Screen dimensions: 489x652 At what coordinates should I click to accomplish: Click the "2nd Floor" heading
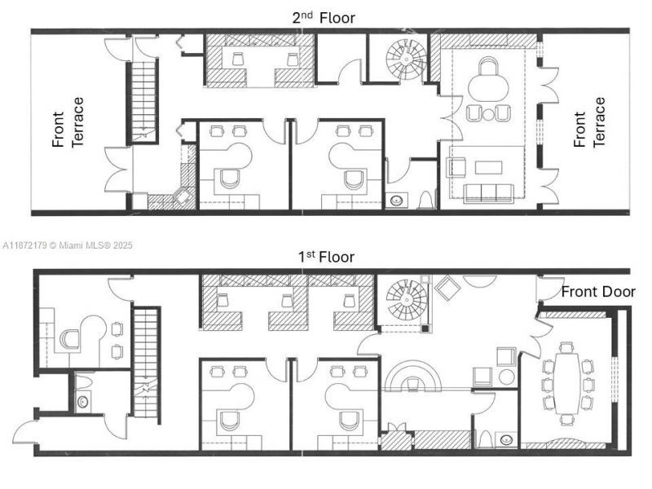[x=324, y=17]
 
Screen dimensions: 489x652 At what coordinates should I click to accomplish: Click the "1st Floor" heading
[x=325, y=257]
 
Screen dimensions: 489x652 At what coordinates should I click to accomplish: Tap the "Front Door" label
[x=597, y=292]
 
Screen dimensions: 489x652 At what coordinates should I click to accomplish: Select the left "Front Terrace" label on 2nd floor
[x=68, y=122]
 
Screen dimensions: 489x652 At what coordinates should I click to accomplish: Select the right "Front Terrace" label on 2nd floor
[x=589, y=122]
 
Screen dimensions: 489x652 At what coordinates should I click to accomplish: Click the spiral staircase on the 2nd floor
[x=405, y=58]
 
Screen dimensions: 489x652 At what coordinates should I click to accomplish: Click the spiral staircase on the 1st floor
[x=404, y=301]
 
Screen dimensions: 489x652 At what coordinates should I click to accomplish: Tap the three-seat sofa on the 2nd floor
[x=488, y=193]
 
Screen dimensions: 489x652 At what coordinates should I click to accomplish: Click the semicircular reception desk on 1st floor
[x=413, y=377]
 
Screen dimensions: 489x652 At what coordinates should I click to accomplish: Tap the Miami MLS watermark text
[x=68, y=244]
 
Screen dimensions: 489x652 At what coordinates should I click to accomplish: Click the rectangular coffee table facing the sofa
[x=489, y=167]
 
